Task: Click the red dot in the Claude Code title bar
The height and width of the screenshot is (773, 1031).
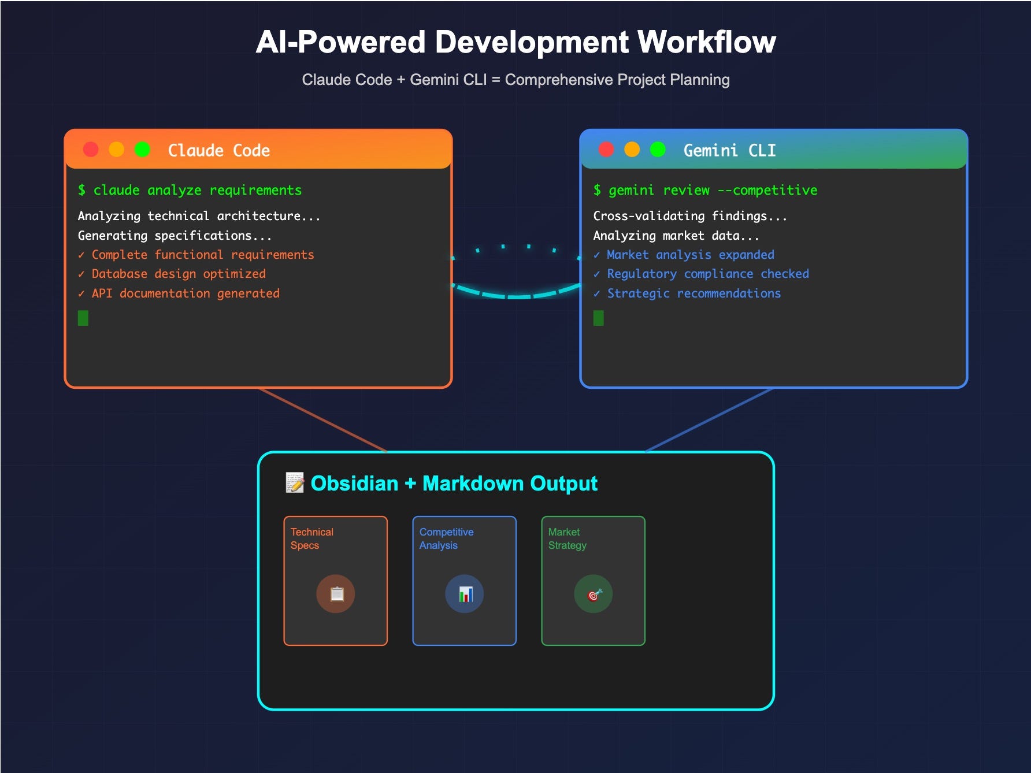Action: click(91, 150)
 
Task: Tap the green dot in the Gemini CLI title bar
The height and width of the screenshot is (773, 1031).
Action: click(658, 150)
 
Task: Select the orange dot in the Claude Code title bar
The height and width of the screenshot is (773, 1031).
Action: click(117, 150)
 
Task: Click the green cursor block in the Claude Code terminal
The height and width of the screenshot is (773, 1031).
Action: click(83, 318)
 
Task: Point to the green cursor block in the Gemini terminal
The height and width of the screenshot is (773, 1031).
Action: click(599, 318)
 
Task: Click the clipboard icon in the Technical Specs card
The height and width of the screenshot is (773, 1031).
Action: click(336, 593)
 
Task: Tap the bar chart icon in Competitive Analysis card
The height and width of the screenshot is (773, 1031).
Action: click(465, 593)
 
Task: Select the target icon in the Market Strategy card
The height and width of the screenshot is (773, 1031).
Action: click(594, 593)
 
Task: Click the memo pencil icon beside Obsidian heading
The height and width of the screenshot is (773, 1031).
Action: click(295, 482)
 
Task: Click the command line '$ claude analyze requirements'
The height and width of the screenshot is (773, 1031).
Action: click(190, 190)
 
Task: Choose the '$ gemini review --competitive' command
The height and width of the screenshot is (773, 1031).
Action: click(705, 190)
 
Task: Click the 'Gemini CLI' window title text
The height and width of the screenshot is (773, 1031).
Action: click(729, 150)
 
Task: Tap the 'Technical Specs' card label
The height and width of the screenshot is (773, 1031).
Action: click(311, 538)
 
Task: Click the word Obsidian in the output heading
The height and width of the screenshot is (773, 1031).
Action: click(354, 484)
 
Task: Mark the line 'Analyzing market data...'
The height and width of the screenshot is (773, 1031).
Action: click(676, 236)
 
